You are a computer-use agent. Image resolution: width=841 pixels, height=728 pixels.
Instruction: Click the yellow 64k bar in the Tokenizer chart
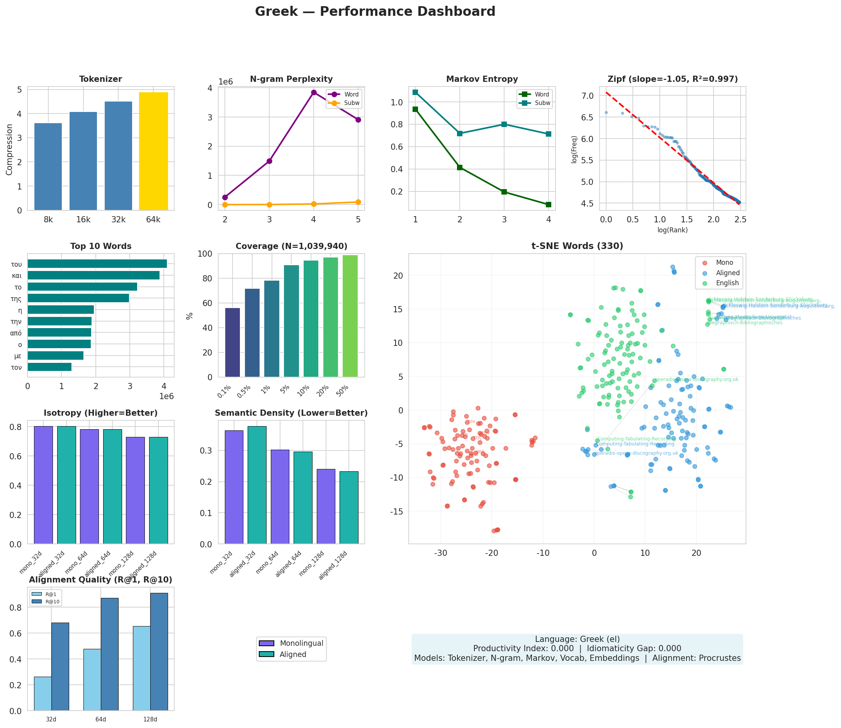(x=153, y=151)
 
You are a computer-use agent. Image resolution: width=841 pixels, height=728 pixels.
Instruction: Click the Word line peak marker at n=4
(x=313, y=92)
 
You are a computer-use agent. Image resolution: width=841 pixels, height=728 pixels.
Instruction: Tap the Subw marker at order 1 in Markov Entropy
(x=415, y=92)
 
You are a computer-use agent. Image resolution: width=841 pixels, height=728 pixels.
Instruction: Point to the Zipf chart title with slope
(x=672, y=79)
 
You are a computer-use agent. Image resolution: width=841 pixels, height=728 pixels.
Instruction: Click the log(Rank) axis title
(x=672, y=230)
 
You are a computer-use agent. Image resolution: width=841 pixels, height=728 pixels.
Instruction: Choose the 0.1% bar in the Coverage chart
(x=232, y=342)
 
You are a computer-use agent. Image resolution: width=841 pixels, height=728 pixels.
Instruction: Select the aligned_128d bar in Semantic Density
(x=349, y=508)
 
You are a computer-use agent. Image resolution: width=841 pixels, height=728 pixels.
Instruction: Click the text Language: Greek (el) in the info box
(x=577, y=639)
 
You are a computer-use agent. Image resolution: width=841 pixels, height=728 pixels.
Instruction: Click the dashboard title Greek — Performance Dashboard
(x=375, y=11)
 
